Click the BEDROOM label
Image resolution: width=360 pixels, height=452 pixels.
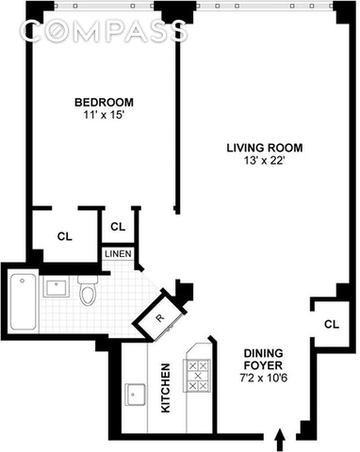pyautogui.click(x=104, y=103)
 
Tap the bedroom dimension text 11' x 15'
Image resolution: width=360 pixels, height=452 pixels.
pyautogui.click(x=104, y=116)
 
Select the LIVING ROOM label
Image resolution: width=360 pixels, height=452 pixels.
pyautogui.click(x=265, y=148)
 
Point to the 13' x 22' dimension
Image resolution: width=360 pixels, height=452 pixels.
pyautogui.click(x=265, y=161)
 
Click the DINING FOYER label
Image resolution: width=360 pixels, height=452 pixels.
pyautogui.click(x=264, y=360)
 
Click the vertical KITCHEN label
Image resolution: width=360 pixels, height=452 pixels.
pyautogui.click(x=166, y=388)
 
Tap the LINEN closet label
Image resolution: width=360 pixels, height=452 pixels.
pyautogui.click(x=118, y=253)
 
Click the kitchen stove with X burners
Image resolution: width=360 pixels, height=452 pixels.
pyautogui.click(x=197, y=376)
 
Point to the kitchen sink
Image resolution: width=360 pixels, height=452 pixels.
pyautogui.click(x=135, y=395)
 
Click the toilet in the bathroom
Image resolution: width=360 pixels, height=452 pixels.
pyautogui.click(x=88, y=291)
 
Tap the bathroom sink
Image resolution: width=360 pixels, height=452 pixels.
pyautogui.click(x=57, y=287)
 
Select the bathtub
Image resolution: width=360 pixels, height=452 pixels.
pyautogui.click(x=24, y=301)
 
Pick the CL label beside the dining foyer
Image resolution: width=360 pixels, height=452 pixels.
pyautogui.click(x=332, y=324)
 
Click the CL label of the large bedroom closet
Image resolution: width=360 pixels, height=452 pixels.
pyautogui.click(x=65, y=236)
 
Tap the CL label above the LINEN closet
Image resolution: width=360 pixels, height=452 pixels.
pyautogui.click(x=118, y=226)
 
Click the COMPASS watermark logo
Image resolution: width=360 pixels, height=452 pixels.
pyautogui.click(x=104, y=31)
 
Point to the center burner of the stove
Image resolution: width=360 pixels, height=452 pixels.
pyautogui.click(x=198, y=376)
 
